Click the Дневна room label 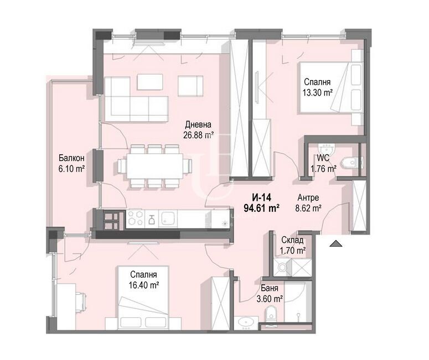pos(198,124)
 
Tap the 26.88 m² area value pos(198,135)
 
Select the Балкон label pos(71,158)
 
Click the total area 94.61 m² pos(261,208)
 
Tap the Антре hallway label pos(308,197)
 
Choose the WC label pos(323,158)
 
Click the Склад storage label pos(292,240)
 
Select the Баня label pos(270,288)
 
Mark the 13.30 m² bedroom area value pos(317,93)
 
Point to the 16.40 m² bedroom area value pos(144,285)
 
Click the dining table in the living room pos(154,166)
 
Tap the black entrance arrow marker pos(335,243)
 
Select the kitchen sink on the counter pos(168,218)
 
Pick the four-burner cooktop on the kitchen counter pos(135,218)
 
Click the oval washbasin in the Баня pos(246,322)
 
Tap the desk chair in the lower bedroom pos(81,302)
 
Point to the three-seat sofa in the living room pos(136,108)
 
